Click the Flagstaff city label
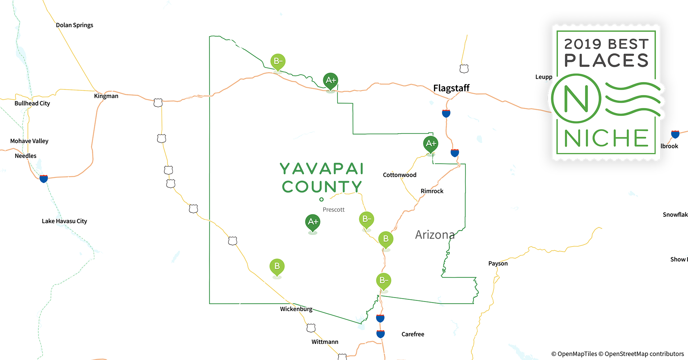451,88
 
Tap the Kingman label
106,96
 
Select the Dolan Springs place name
75,25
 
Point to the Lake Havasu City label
64,221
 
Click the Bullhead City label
32,103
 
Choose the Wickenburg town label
296,309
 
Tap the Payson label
498,264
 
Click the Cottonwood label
399,175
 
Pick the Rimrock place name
432,191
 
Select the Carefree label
413,334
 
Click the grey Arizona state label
435,235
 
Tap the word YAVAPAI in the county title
322,168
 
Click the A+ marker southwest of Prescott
313,222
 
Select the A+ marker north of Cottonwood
431,144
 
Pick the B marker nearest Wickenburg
277,266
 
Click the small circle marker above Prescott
321,199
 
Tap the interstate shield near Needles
44,179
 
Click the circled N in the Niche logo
576,99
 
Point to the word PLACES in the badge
606,60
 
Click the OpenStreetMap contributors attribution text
644,354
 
